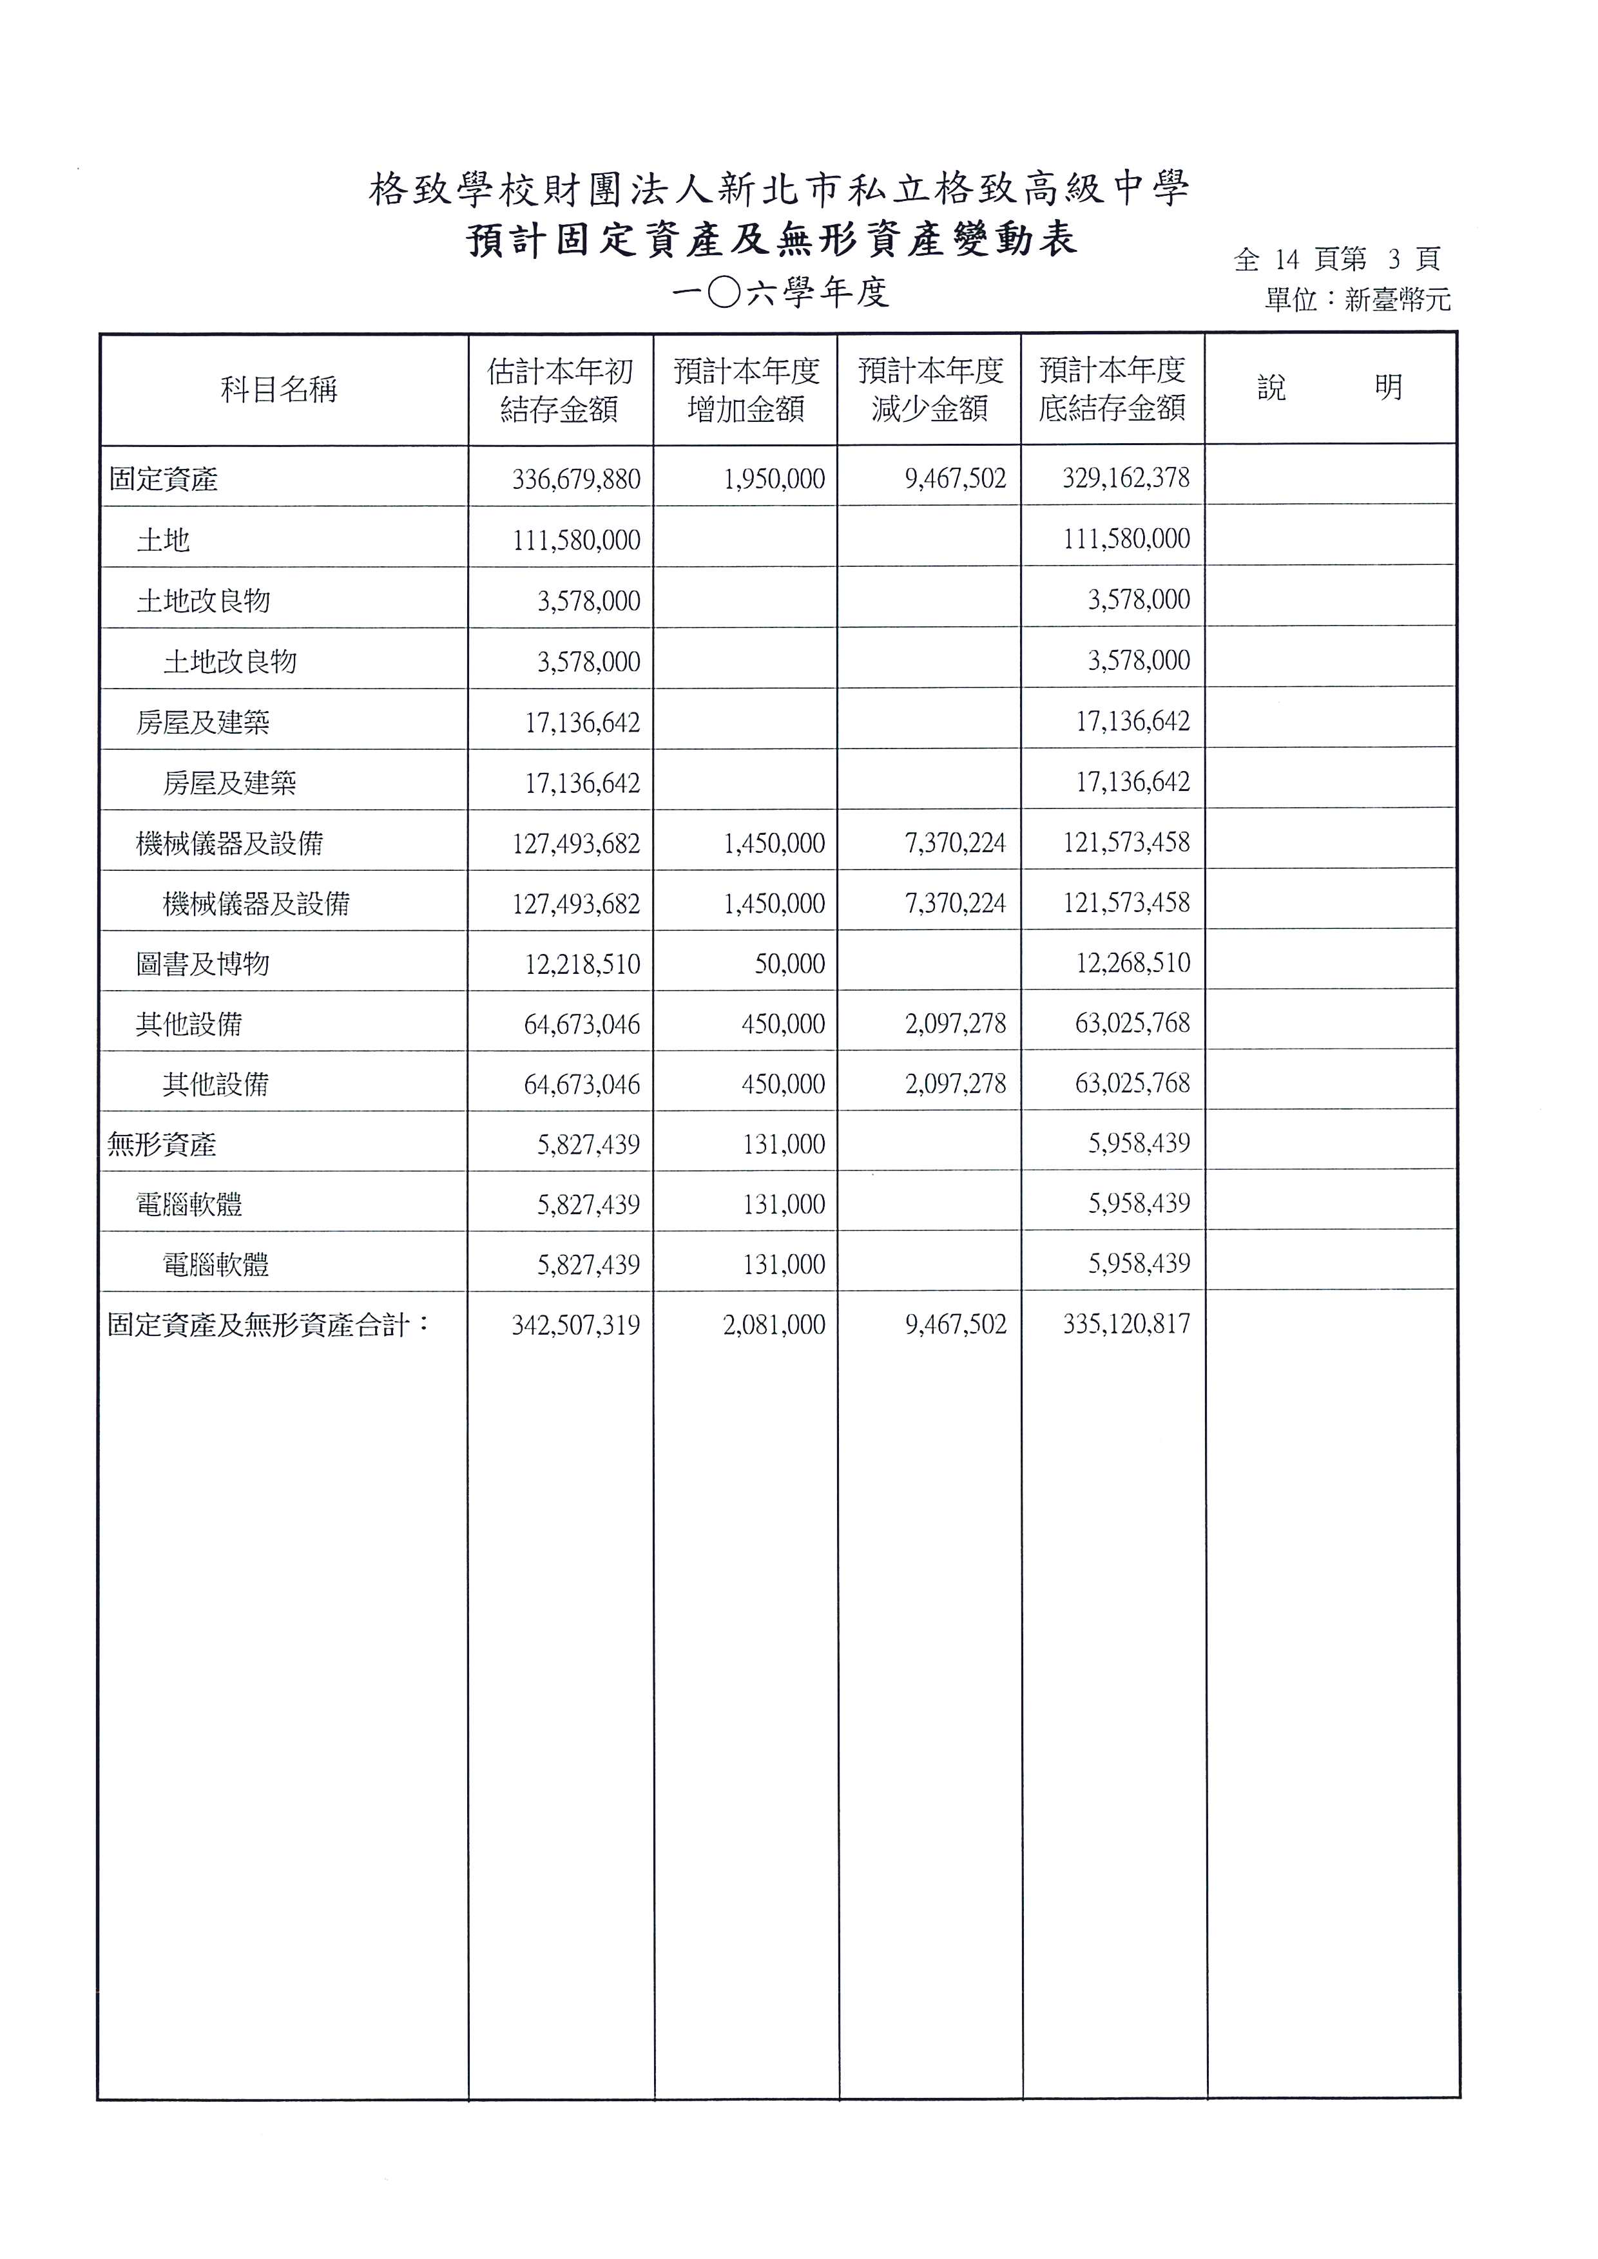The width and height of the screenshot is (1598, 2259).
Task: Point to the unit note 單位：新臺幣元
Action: click(x=1357, y=299)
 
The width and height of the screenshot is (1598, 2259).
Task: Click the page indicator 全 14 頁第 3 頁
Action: click(x=1336, y=260)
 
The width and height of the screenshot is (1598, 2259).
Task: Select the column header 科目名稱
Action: click(x=280, y=390)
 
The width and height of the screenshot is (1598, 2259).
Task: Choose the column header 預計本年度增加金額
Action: click(x=746, y=390)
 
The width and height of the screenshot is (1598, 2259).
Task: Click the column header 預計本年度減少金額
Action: click(x=930, y=390)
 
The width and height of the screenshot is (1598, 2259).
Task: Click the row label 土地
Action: click(x=163, y=540)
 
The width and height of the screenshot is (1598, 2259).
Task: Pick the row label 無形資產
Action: click(x=162, y=1144)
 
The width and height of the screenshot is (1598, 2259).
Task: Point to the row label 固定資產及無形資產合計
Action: click(x=269, y=1324)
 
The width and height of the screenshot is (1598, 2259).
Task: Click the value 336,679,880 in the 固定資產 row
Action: click(x=575, y=479)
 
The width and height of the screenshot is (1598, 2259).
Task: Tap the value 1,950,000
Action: click(x=775, y=479)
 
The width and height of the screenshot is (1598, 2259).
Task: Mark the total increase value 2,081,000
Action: click(x=775, y=1324)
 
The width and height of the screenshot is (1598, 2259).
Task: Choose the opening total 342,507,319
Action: click(x=575, y=1325)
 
